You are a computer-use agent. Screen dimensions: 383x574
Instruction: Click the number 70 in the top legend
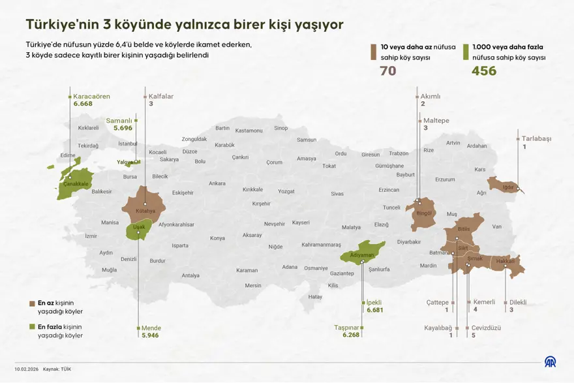(387, 70)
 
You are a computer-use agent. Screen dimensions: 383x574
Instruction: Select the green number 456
(483, 70)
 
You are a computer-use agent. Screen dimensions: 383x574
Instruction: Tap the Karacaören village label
(91, 97)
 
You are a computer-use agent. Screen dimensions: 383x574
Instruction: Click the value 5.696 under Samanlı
(123, 128)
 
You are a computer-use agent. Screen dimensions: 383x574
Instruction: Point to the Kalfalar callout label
(160, 97)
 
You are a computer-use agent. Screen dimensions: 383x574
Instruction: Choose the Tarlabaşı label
(536, 139)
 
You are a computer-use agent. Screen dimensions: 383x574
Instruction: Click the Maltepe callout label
(436, 121)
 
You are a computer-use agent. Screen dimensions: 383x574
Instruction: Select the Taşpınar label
(346, 328)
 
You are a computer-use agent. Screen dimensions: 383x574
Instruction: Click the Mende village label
(151, 328)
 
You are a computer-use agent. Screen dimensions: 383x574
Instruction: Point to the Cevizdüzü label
(486, 328)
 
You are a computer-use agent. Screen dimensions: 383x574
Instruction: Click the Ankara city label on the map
(217, 183)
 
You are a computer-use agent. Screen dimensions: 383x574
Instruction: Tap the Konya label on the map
(217, 238)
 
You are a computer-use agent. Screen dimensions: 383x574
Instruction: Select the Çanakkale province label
(75, 184)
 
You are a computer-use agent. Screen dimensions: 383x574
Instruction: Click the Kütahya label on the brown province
(145, 211)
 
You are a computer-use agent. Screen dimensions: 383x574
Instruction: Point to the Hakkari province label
(506, 261)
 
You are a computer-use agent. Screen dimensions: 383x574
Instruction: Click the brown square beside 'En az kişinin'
(32, 303)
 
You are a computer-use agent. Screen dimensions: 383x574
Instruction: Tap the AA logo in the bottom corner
(551, 361)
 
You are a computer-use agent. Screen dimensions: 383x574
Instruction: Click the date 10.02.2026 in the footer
(25, 369)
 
